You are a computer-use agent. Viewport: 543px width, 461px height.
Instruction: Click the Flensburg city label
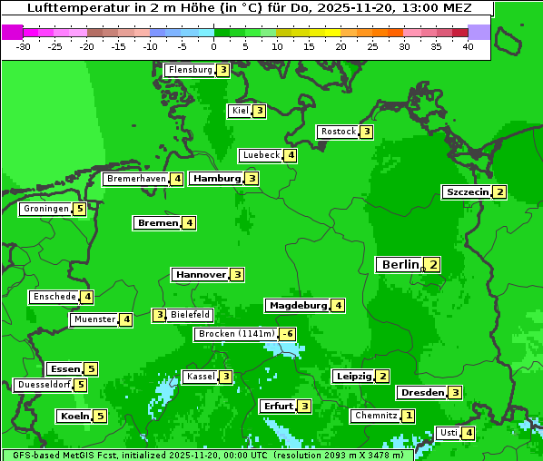coord(190,70)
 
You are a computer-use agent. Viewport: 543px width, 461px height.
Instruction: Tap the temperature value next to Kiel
coord(259,111)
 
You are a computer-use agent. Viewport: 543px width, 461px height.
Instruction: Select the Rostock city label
coord(338,132)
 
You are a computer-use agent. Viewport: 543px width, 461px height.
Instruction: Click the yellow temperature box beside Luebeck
coord(290,155)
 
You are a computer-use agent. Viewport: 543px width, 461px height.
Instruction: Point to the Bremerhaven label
coord(136,179)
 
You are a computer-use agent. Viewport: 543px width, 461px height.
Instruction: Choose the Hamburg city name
coord(217,179)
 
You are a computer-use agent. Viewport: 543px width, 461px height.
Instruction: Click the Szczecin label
coord(467,192)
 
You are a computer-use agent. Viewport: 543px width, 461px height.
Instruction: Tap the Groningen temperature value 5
coord(80,209)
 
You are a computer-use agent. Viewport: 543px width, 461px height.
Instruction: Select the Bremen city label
coord(157,222)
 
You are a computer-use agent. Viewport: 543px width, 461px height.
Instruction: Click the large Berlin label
coord(400,264)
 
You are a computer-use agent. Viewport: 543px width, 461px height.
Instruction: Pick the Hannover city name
coord(201,274)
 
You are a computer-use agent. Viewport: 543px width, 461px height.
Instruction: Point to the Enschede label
coord(54,297)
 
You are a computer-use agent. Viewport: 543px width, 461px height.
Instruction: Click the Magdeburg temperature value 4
coord(338,306)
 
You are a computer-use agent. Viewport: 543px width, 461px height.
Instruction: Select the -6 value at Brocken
coord(287,334)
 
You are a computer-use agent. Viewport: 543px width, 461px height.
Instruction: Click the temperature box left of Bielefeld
coord(159,315)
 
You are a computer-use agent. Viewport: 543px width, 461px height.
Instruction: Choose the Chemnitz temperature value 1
coord(409,416)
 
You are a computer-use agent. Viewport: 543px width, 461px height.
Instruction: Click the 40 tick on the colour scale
coord(468,46)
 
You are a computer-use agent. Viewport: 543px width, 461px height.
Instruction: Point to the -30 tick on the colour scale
coord(24,46)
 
